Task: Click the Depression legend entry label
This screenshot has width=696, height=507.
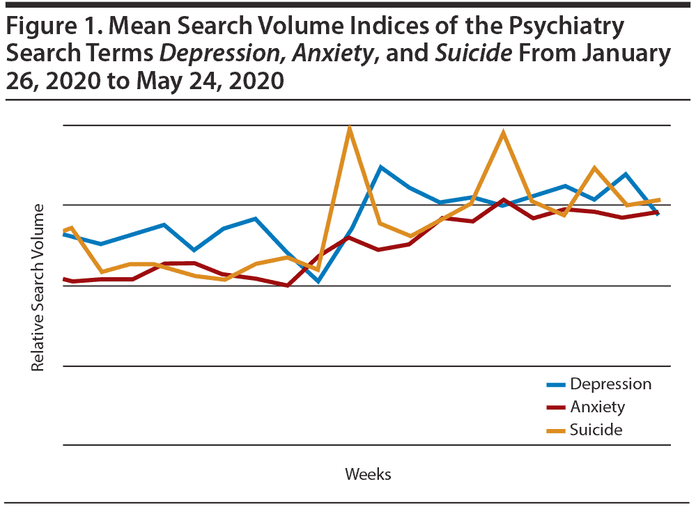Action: [x=610, y=384]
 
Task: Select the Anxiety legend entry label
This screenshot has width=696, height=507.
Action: [x=597, y=407]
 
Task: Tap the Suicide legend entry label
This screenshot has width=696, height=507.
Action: [x=596, y=429]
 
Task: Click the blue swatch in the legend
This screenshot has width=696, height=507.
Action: [x=556, y=384]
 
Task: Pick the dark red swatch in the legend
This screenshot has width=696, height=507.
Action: [x=556, y=407]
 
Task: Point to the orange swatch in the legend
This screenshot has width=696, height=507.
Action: [x=556, y=430]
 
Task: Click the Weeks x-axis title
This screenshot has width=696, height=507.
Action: [x=368, y=474]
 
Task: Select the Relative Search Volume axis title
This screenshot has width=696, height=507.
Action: [x=38, y=287]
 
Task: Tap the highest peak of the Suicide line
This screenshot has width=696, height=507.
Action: [x=349, y=128]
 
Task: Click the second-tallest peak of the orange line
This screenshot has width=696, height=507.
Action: [x=503, y=132]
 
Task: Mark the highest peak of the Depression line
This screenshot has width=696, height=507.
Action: [x=380, y=167]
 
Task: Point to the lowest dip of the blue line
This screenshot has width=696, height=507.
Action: [x=318, y=281]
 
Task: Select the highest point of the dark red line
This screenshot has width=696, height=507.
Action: [x=503, y=200]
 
